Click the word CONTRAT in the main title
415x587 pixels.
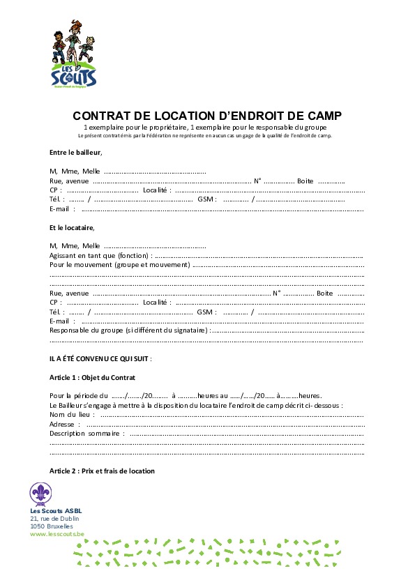pyautogui.click(x=102, y=116)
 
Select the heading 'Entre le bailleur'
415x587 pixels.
pyautogui.click(x=75, y=152)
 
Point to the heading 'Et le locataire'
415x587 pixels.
pyautogui.click(x=71, y=227)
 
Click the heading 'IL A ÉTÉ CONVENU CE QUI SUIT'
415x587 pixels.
pyautogui.click(x=99, y=358)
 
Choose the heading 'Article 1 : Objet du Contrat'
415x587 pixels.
pyautogui.click(x=92, y=377)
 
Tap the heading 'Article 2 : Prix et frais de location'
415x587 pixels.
pyautogui.click(x=102, y=471)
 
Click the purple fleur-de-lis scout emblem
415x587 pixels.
pyautogui.click(x=40, y=493)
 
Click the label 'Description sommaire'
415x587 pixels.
pyautogui.click(x=85, y=433)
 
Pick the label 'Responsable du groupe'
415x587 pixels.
pyautogui.click(x=91, y=330)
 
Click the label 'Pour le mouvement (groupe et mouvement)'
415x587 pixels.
pyautogui.click(x=119, y=265)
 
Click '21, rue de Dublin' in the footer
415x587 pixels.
pyautogui.click(x=54, y=519)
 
